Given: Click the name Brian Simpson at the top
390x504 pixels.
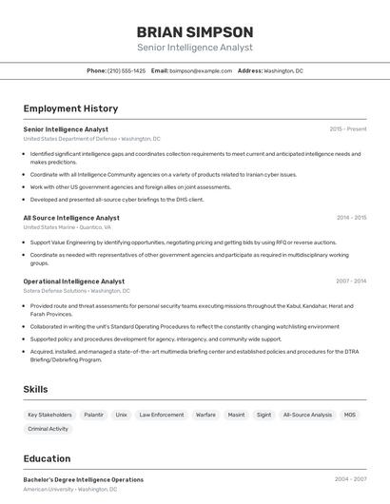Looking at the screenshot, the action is pyautogui.click(x=195, y=31).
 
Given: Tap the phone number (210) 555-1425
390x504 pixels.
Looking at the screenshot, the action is pyautogui.click(x=127, y=70).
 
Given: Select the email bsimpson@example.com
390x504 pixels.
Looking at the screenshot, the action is pyautogui.click(x=201, y=70).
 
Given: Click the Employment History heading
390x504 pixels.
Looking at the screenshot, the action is pyautogui.click(x=70, y=108).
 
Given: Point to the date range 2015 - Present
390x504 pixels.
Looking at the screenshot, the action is pyautogui.click(x=348, y=129).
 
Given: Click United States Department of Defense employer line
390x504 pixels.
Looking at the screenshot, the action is pyautogui.click(x=91, y=139).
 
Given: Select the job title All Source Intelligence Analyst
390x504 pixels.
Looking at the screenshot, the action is pyautogui.click(x=71, y=218).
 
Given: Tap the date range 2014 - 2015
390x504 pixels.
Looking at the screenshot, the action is pyautogui.click(x=351, y=218).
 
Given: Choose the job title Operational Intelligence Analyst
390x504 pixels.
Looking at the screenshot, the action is pyautogui.click(x=74, y=281).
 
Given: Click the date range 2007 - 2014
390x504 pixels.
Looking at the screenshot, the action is pyautogui.click(x=351, y=281).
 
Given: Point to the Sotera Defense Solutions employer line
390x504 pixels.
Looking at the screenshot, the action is pyautogui.click(x=76, y=291).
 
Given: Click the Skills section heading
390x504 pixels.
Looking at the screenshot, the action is pyautogui.click(x=35, y=389).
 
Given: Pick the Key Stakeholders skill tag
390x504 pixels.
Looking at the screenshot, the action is pyautogui.click(x=49, y=415).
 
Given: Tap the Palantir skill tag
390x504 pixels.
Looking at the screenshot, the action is pyautogui.click(x=93, y=415).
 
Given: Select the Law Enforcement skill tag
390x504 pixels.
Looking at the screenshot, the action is pyautogui.click(x=162, y=415).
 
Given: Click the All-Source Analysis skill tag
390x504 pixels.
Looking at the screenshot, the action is pyautogui.click(x=308, y=415).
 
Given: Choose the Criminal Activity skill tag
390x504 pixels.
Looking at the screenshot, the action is pyautogui.click(x=48, y=429).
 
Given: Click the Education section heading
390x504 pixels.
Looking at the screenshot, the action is pyautogui.click(x=47, y=458).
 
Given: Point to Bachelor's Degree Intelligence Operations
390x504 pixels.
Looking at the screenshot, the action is pyautogui.click(x=84, y=479).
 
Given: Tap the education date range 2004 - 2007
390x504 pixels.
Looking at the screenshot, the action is pyautogui.click(x=351, y=479).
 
